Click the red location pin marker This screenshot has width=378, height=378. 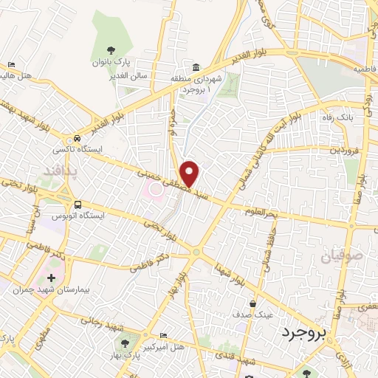coord(190,173)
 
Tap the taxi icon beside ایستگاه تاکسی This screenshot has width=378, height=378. coord(78,140)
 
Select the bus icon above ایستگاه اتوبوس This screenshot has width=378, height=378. coord(78,205)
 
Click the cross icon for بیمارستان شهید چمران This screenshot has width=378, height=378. coord(51,278)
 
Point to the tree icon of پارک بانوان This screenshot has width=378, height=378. coord(111,50)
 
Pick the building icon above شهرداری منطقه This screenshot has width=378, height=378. coord(196,67)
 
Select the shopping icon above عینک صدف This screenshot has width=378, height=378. coord(253,303)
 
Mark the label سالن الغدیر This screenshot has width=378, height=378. coord(134,75)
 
